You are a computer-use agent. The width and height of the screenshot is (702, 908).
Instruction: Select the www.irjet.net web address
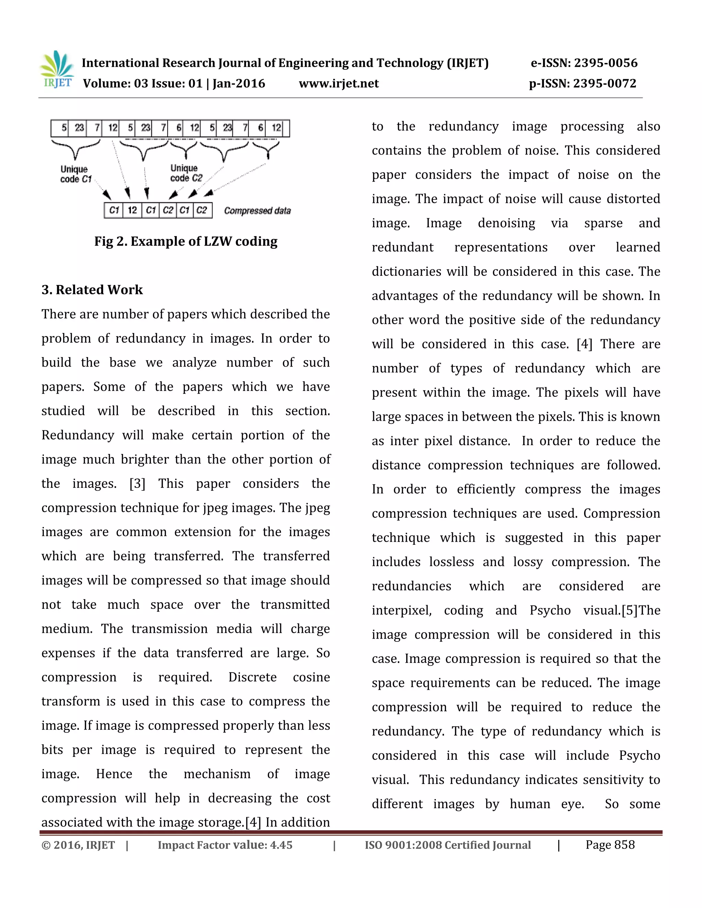point(339,83)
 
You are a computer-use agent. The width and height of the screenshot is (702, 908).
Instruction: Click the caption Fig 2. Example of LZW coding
point(185,241)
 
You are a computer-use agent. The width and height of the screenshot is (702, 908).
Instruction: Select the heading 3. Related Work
point(92,290)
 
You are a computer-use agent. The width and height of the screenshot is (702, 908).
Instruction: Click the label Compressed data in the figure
point(257,211)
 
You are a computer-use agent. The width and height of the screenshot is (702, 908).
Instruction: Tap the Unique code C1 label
point(75,174)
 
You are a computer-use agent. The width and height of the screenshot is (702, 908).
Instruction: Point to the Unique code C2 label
point(185,173)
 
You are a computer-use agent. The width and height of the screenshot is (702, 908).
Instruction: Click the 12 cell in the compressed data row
point(132,210)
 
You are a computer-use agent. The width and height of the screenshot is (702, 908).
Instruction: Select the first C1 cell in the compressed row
point(114,210)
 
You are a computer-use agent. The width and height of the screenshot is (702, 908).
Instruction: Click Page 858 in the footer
point(610,845)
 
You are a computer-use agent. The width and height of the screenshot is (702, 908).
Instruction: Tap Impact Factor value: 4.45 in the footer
point(225,845)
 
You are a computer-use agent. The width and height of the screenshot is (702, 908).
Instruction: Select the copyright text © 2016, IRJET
point(78,845)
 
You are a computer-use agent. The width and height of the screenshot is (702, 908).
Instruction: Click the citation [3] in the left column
point(137,483)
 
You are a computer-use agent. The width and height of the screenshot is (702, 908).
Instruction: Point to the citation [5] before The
point(630,610)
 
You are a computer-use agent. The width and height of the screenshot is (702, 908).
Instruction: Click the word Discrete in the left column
point(252,677)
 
